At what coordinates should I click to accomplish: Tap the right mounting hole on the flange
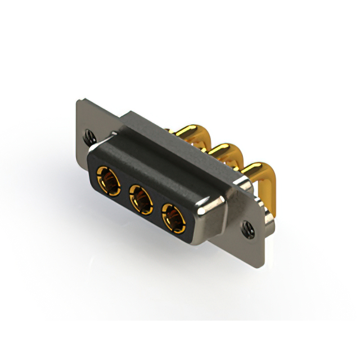click(x=248, y=228)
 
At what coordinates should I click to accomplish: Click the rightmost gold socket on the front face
click(x=173, y=216)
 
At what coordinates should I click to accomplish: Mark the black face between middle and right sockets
click(x=157, y=207)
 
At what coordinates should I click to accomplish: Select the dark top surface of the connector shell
click(x=169, y=163)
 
